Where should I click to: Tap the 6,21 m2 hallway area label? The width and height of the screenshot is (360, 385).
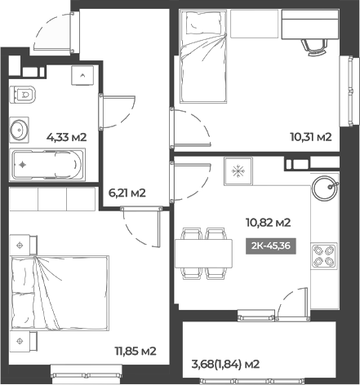[x=127, y=193]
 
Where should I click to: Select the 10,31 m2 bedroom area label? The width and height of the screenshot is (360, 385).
[x=312, y=138]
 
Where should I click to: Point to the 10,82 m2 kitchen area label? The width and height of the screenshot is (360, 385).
[x=269, y=222]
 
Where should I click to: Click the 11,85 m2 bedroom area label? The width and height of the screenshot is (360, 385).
[x=135, y=352]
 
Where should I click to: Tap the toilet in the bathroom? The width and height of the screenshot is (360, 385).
[x=24, y=94]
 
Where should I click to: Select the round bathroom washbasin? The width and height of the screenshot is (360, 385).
[x=20, y=128]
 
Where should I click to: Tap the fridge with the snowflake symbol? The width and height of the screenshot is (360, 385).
[x=240, y=172]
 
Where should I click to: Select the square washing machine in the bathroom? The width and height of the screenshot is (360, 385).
[x=83, y=76]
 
